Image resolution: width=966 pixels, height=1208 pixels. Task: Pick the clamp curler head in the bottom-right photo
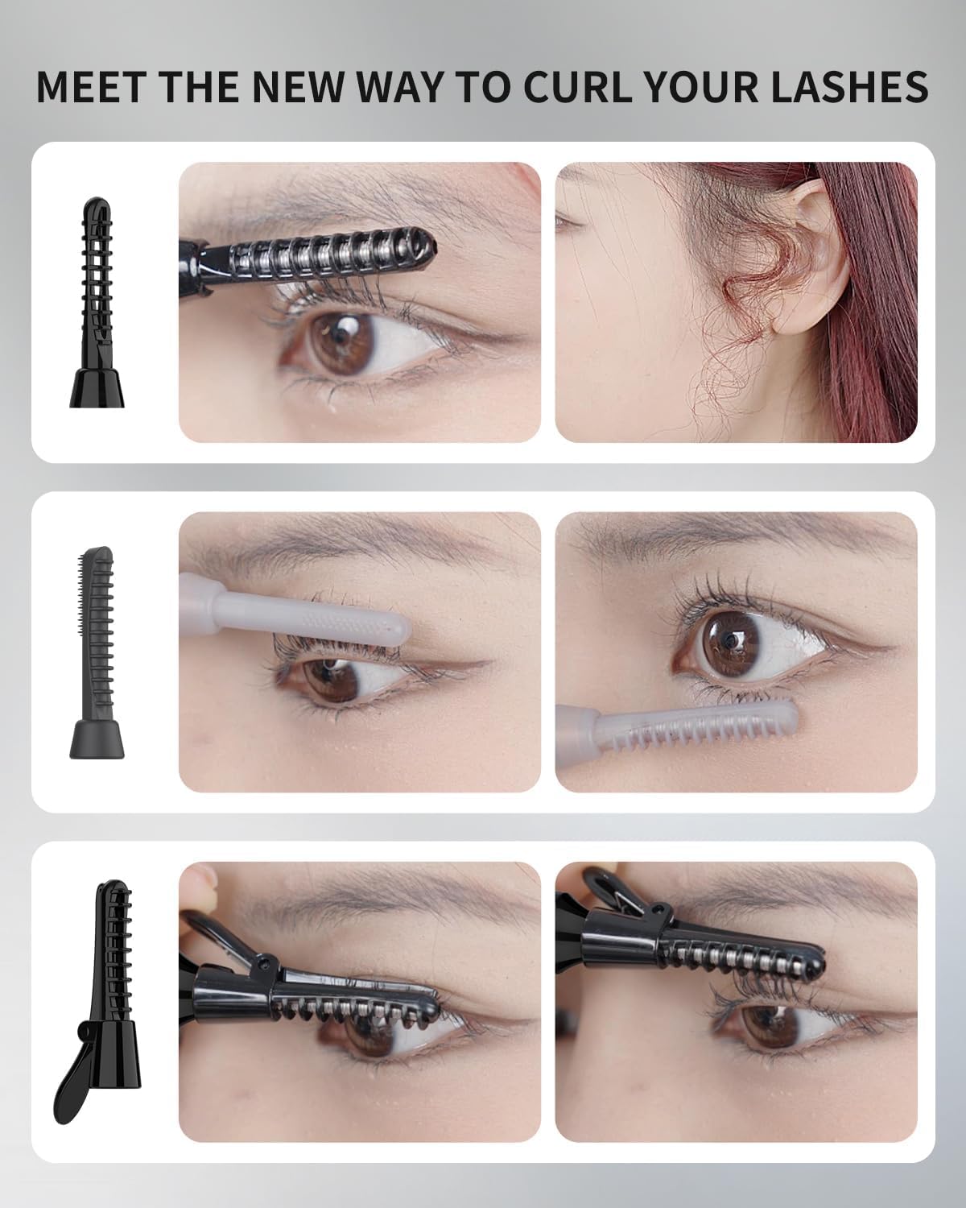click(724, 942)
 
